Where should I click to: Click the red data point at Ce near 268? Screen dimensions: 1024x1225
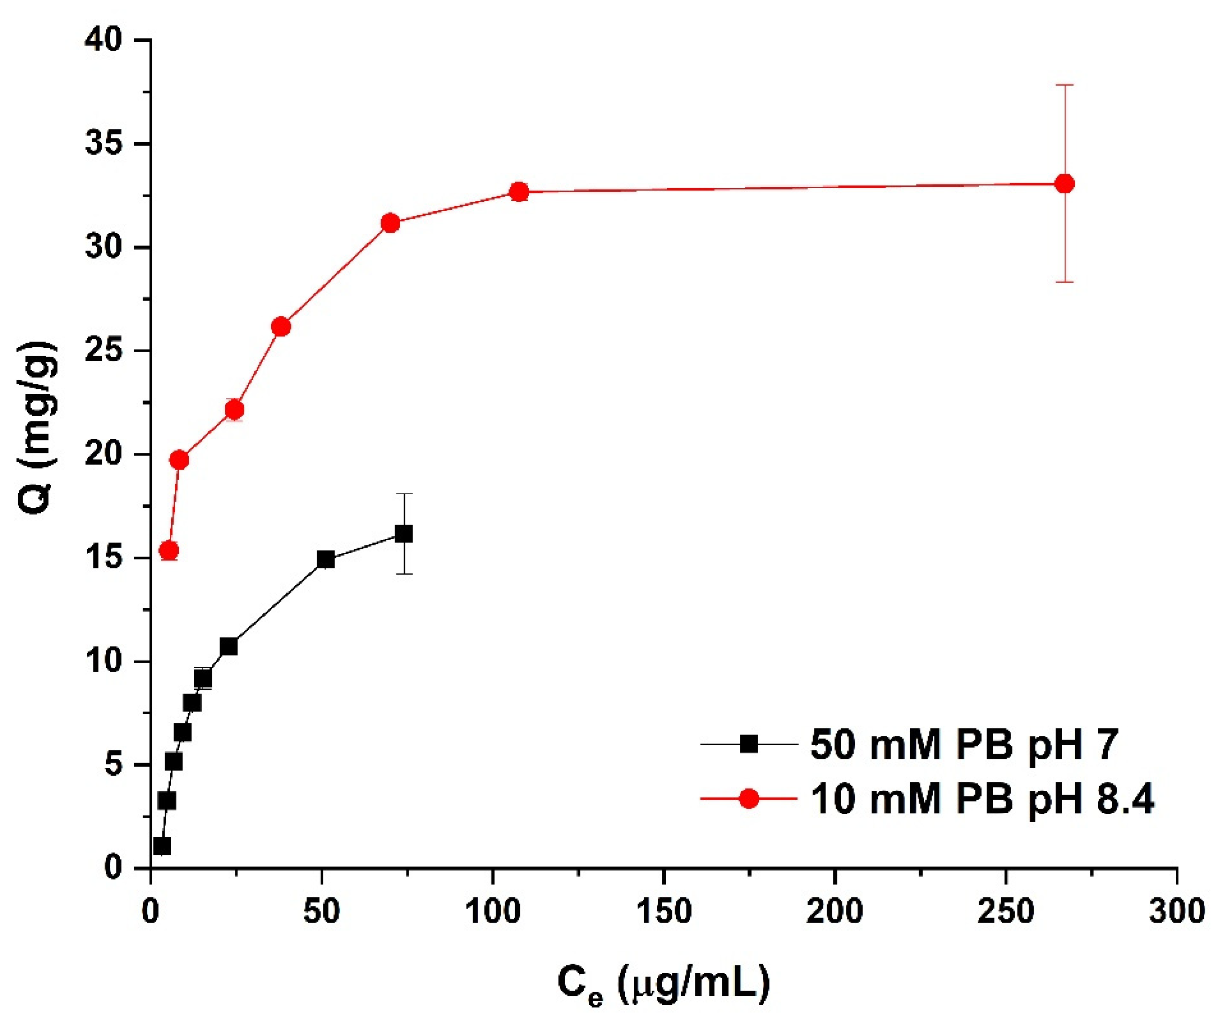coord(1065,184)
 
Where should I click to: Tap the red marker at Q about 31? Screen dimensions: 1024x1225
coord(390,223)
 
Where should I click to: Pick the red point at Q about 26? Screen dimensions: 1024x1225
coord(281,327)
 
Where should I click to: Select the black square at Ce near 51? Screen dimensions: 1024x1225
coord(326,559)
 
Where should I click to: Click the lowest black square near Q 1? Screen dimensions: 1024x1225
coord(162,846)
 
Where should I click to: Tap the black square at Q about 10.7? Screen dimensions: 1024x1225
coord(228,647)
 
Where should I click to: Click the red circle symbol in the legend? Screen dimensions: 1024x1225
coord(748,799)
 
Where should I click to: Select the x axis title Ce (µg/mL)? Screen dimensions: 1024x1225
coord(663,984)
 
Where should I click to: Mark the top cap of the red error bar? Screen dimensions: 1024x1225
coord(1065,85)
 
